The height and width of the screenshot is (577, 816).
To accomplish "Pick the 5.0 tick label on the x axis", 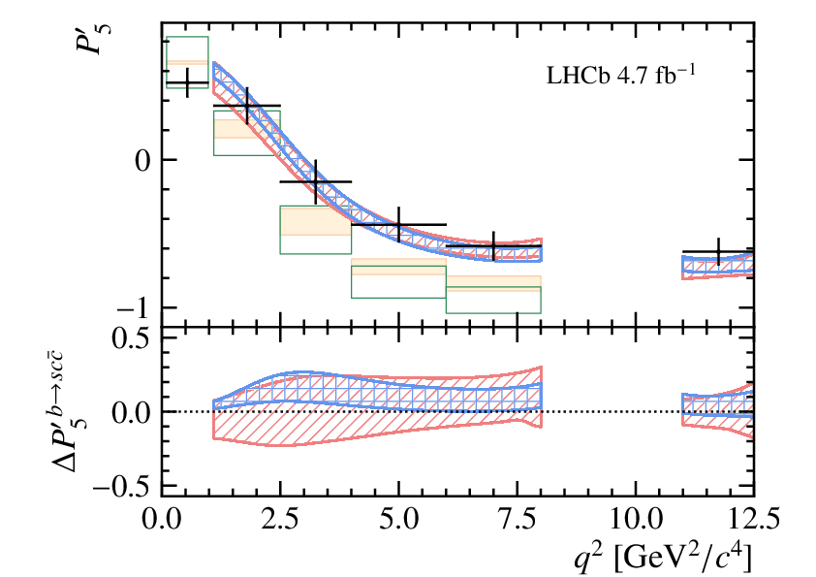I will coord(398,516).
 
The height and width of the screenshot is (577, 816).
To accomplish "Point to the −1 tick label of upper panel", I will coord(131,307).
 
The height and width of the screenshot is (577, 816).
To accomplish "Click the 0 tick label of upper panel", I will coord(141,160).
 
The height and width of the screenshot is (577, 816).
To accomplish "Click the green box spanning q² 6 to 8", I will coord(493,300).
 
